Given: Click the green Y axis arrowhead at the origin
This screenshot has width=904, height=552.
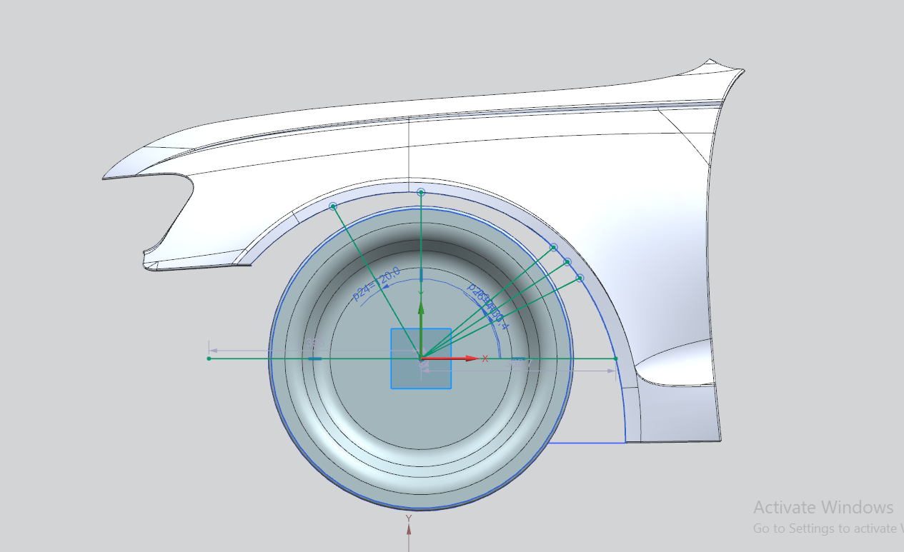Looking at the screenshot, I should pyautogui.click(x=422, y=308).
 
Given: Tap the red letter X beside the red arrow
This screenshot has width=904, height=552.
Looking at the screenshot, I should pyautogui.click(x=485, y=358).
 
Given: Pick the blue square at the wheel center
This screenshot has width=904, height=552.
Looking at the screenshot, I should pyautogui.click(x=421, y=358).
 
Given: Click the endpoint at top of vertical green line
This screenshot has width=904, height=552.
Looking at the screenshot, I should pyautogui.click(x=421, y=192).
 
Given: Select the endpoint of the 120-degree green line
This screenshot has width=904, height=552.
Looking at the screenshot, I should pyautogui.click(x=333, y=206).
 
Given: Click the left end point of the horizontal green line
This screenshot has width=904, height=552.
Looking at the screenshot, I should pyautogui.click(x=209, y=358).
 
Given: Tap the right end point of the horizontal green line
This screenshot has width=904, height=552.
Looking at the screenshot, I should pyautogui.click(x=615, y=358).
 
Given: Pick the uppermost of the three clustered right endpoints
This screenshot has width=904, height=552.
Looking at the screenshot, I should pyautogui.click(x=554, y=248).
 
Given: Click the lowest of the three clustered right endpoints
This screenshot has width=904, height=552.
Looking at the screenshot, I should pyautogui.click(x=580, y=278).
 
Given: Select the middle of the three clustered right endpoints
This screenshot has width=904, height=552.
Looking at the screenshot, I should pyautogui.click(x=567, y=262).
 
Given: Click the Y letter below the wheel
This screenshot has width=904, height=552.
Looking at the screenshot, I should pyautogui.click(x=409, y=518).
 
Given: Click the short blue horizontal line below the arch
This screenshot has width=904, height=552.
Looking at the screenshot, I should pyautogui.click(x=586, y=443).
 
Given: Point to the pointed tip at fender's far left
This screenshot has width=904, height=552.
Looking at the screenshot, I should pyautogui.click(x=104, y=178).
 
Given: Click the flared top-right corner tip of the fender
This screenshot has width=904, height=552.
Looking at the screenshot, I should pyautogui.click(x=742, y=71).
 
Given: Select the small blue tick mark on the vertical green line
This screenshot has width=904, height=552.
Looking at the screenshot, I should pyautogui.click(x=422, y=275).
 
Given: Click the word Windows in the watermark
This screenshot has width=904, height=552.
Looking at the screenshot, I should pyautogui.click(x=857, y=508).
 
